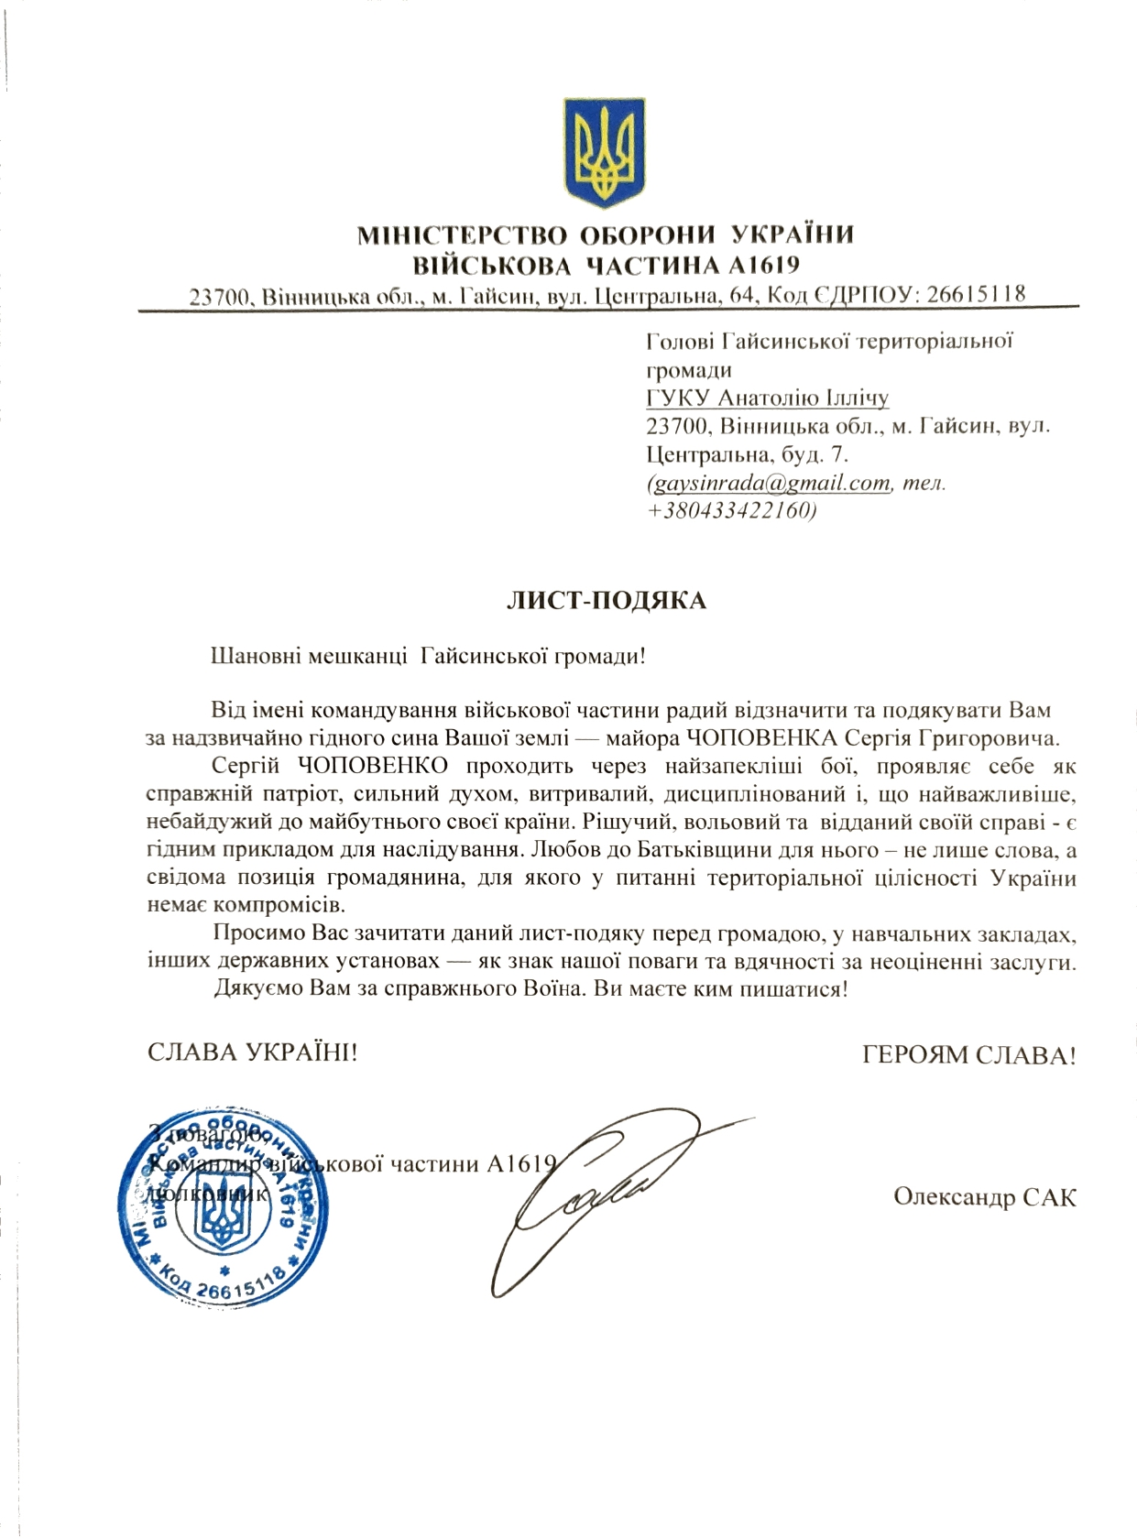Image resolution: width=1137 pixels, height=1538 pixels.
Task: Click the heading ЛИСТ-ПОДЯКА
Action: pos(607,601)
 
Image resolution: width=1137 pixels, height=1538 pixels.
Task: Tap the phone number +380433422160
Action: pos(731,510)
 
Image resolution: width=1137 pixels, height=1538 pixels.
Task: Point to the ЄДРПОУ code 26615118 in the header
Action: pos(976,295)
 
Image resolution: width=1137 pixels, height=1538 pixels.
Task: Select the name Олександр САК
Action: pos(985,1197)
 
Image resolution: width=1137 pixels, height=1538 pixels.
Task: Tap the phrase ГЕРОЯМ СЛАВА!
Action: pos(969,1055)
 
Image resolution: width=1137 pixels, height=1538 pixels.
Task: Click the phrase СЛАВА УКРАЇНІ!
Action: pos(252,1053)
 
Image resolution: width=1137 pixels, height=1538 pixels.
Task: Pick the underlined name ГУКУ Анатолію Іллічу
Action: pos(768,398)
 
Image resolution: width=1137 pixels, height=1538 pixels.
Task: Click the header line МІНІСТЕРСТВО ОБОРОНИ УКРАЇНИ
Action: pos(606,235)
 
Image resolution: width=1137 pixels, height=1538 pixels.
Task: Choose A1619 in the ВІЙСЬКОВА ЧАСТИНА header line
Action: pos(763,266)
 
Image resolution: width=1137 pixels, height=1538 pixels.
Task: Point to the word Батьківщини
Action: pos(661,851)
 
